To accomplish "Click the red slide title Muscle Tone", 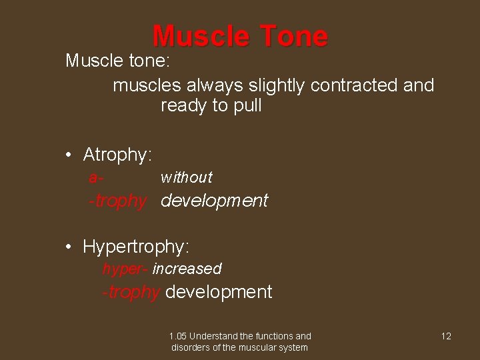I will coord(240,37).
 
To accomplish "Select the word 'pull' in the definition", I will coord(247,106).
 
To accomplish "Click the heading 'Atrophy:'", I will coord(117,155).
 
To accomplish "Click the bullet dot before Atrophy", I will coord(69,156).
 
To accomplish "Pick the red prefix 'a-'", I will coord(95,177).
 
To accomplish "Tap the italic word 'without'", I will coord(186,177).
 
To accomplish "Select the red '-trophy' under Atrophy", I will coord(117,201).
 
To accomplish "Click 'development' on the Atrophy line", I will coord(215,201).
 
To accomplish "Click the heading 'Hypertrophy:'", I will coord(136,247).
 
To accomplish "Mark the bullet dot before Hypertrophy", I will coord(69,247).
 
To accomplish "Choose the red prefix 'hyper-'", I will coord(125,269).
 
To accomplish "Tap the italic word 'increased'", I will coord(187,269).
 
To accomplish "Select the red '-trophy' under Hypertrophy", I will coord(131,293).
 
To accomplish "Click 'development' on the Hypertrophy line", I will coord(219,292).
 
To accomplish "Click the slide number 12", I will coord(446,336).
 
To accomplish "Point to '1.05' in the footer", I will coord(177,336).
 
